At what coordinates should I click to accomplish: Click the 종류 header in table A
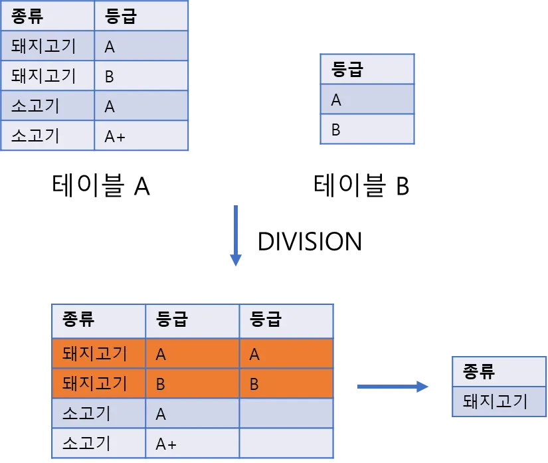tap(48, 16)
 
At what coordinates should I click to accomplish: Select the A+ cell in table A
tap(141, 136)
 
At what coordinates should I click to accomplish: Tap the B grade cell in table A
tap(141, 76)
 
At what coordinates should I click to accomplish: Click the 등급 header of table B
tap(367, 69)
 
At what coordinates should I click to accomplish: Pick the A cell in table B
tap(367, 99)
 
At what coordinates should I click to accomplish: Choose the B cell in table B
tap(367, 129)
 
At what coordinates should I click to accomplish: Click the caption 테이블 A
tap(101, 185)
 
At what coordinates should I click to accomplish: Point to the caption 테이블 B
tap(361, 185)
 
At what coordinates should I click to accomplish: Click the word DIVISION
tap(310, 241)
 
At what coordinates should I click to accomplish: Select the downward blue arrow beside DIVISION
tap(236, 236)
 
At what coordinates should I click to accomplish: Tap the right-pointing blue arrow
tap(393, 387)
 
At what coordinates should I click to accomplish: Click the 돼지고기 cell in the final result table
tap(499, 401)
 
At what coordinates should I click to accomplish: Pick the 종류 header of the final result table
tap(499, 371)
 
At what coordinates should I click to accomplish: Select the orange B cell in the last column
tap(286, 383)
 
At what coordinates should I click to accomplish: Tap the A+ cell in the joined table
tap(192, 443)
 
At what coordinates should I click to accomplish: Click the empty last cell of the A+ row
tap(286, 443)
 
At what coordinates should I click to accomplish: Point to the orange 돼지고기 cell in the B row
tap(98, 383)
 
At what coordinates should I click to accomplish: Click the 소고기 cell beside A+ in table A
tap(48, 136)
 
